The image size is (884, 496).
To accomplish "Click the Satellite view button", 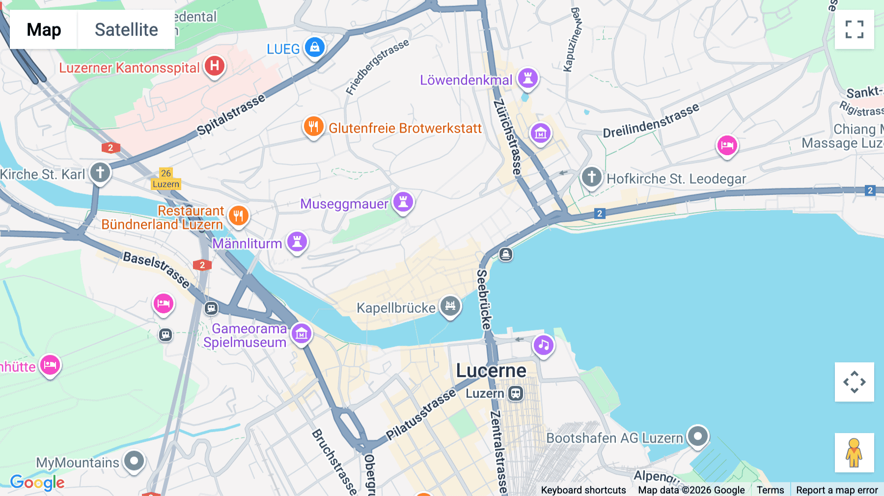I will point(126,29).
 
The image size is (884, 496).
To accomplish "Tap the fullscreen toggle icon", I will point(854,29).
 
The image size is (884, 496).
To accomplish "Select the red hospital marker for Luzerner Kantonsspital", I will point(215,66).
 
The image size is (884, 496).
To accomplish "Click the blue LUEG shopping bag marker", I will point(315,48).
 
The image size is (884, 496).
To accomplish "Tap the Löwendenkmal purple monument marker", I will point(528,78).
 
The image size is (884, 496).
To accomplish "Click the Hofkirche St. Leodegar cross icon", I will point(591,177).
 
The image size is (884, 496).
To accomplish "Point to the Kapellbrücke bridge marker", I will point(450,306).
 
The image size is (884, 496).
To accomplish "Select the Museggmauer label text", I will point(344,204).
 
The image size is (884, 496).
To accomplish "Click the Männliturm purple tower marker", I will point(297,242).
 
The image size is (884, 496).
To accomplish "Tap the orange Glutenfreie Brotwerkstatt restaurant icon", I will point(313,127).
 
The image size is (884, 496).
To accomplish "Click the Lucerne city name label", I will point(491,371).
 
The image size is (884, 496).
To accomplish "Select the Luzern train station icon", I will point(516,393).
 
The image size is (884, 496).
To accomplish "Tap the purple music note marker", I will point(543,345).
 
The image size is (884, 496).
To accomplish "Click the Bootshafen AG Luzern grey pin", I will point(697,436).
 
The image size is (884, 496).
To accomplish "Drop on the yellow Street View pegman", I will point(854,453).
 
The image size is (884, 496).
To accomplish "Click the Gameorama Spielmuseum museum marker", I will point(301,333).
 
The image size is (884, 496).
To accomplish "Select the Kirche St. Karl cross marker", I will point(100,172).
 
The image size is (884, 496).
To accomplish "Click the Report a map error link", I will point(837,490).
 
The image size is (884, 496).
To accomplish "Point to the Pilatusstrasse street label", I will point(420,415).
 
